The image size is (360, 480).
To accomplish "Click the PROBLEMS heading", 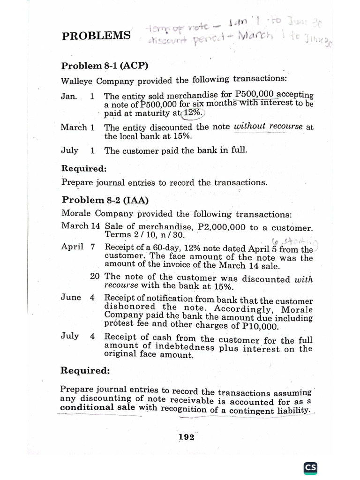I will point(96,36).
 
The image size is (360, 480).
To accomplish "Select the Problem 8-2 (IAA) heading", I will point(105,200).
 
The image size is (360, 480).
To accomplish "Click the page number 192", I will point(186,437).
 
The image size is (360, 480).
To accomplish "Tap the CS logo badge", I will point(310,467).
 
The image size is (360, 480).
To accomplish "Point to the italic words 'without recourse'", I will point(268,127).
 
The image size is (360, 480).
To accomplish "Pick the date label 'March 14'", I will point(80,226).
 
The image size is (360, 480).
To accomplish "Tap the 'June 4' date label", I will point(78,297).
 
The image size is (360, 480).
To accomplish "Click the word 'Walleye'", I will point(77,80).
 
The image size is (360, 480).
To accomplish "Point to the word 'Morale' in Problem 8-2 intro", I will point(76,213).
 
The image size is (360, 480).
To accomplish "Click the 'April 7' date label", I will point(78,247).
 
